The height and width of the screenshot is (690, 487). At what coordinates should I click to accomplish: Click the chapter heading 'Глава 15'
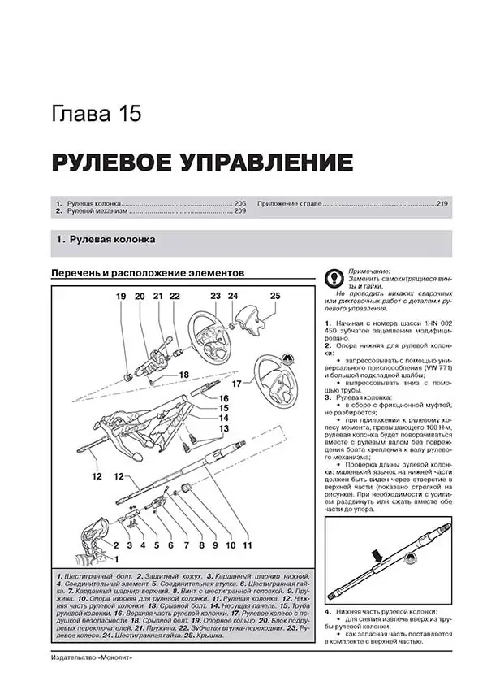coord(96,113)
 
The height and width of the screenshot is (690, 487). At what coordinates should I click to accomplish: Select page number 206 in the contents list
coord(239,202)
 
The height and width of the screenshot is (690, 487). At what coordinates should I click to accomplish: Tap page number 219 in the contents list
coord(441,202)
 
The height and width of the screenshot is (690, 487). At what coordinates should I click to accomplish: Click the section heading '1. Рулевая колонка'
coord(106,241)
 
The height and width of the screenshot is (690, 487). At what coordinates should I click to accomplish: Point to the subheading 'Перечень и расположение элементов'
coord(147,273)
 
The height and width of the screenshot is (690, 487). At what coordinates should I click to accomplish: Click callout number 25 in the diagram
coord(275,296)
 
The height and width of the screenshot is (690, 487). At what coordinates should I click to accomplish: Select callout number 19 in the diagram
coord(120,297)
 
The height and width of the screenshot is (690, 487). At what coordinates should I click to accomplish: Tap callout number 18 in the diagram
coord(183,375)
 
